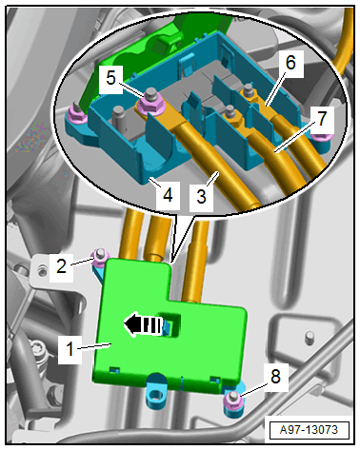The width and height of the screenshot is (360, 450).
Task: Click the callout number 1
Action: pos(70,349)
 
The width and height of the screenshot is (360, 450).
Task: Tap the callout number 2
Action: pos(61,265)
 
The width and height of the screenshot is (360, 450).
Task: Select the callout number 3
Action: pos(201,197)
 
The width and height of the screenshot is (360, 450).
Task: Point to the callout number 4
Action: pos(168,195)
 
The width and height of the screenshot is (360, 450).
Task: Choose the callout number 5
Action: pos(110,78)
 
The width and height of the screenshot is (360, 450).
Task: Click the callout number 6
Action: pos(290,63)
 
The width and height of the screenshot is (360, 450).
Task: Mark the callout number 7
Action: pos(322,119)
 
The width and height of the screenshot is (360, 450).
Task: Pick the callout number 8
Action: pos(275,377)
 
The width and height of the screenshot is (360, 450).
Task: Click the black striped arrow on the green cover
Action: pos(143,323)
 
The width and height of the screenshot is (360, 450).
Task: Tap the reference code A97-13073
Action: pos(309,430)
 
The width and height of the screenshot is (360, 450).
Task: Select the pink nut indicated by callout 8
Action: pos(233,400)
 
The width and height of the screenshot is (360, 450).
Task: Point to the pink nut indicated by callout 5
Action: pos(150,102)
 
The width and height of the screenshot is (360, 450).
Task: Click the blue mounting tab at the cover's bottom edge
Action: pos(155,392)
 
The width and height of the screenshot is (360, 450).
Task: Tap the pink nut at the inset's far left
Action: pos(77,114)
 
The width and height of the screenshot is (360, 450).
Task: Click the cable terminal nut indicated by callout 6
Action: pos(249,90)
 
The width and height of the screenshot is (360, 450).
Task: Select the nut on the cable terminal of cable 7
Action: pos(230,115)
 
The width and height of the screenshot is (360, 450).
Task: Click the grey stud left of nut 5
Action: pos(118,114)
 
